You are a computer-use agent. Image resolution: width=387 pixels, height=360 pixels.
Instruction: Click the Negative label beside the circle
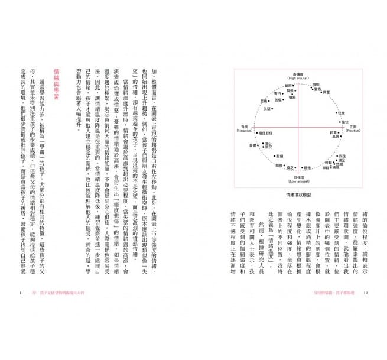coord(242,127)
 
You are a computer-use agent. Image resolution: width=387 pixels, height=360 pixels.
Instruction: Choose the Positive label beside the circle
coord(352,127)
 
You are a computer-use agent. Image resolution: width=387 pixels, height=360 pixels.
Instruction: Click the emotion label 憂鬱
coord(253,145)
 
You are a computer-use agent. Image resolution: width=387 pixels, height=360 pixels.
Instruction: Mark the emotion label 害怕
coord(277,94)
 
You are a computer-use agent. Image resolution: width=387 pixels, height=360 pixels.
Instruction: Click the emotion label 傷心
coord(269,142)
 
